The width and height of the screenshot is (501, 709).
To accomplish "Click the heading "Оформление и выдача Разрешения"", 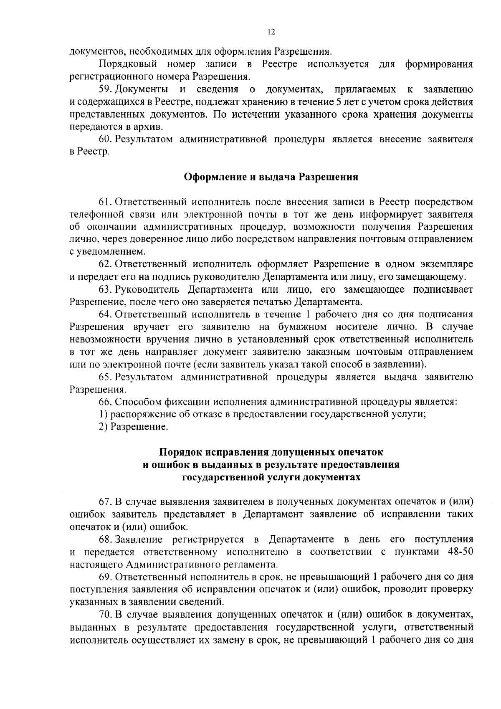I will [271, 177].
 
